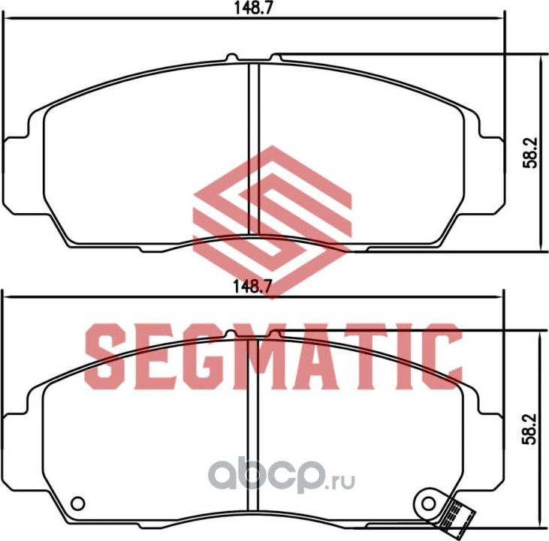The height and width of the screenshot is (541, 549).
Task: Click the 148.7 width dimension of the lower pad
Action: tap(250, 286)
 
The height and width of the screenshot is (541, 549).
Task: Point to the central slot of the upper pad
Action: tap(253, 150)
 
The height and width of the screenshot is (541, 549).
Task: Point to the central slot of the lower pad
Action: tap(253, 435)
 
